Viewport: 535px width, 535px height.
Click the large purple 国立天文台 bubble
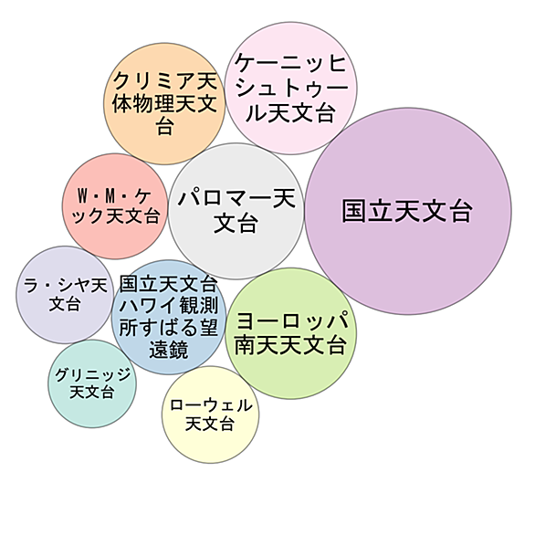click(x=408, y=211)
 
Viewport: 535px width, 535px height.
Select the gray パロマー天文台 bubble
click(x=236, y=211)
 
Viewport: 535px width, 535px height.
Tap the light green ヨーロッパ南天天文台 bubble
click(x=291, y=333)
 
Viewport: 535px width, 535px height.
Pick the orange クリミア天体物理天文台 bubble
click(x=165, y=103)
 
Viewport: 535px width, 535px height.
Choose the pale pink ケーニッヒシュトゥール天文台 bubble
click(x=291, y=88)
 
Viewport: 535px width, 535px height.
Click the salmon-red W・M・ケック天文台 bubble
click(x=115, y=206)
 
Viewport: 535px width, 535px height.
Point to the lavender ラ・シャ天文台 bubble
click(x=65, y=295)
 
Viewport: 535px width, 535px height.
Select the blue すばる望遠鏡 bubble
click(x=169, y=318)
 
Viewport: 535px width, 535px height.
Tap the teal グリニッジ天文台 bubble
click(x=92, y=383)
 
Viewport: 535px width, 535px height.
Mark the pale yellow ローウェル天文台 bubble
click(x=211, y=414)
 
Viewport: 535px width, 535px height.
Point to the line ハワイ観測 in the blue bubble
click(x=169, y=305)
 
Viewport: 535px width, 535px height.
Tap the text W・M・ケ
click(x=114, y=196)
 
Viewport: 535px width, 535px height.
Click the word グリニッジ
click(x=92, y=374)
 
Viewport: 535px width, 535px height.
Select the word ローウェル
click(x=211, y=405)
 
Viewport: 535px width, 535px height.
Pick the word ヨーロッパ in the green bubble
click(x=292, y=320)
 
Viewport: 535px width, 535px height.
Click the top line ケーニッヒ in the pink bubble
click(x=290, y=63)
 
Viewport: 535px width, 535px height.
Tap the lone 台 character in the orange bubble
click(x=165, y=126)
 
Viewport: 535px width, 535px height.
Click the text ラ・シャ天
click(x=66, y=285)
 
